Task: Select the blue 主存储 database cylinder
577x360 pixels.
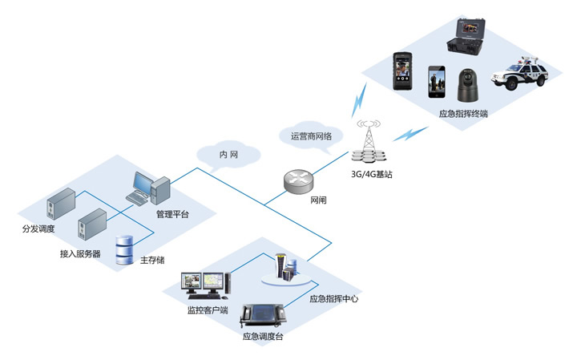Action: tap(124, 249)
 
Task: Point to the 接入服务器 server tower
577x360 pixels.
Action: tap(91, 225)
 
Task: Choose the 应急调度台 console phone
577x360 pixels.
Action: tap(264, 315)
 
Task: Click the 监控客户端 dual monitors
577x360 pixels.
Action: tap(204, 284)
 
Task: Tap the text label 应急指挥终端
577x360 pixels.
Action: tap(463, 114)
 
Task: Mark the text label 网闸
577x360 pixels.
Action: tap(318, 200)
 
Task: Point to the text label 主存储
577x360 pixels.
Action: tap(151, 260)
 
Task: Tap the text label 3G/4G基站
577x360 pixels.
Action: tap(372, 173)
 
